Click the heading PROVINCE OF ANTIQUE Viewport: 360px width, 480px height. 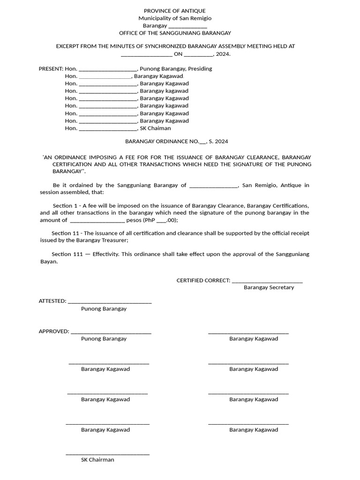click(x=174, y=11)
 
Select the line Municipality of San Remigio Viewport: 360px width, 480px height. click(x=174, y=18)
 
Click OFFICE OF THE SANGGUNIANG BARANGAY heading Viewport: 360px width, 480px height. click(x=174, y=33)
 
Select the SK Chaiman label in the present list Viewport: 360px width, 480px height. click(x=155, y=128)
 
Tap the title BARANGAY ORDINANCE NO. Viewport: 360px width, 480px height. click(x=162, y=141)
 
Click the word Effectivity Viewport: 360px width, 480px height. click(x=106, y=254)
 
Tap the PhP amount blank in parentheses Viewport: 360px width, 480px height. click(x=161, y=220)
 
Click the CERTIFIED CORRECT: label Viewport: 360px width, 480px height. click(x=203, y=280)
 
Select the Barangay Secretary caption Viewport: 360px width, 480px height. click(x=269, y=287)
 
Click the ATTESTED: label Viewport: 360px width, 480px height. click(x=52, y=301)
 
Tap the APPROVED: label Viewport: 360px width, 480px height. click(x=54, y=331)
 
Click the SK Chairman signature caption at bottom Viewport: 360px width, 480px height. click(x=97, y=460)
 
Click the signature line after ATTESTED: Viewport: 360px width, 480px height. click(x=110, y=302)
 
